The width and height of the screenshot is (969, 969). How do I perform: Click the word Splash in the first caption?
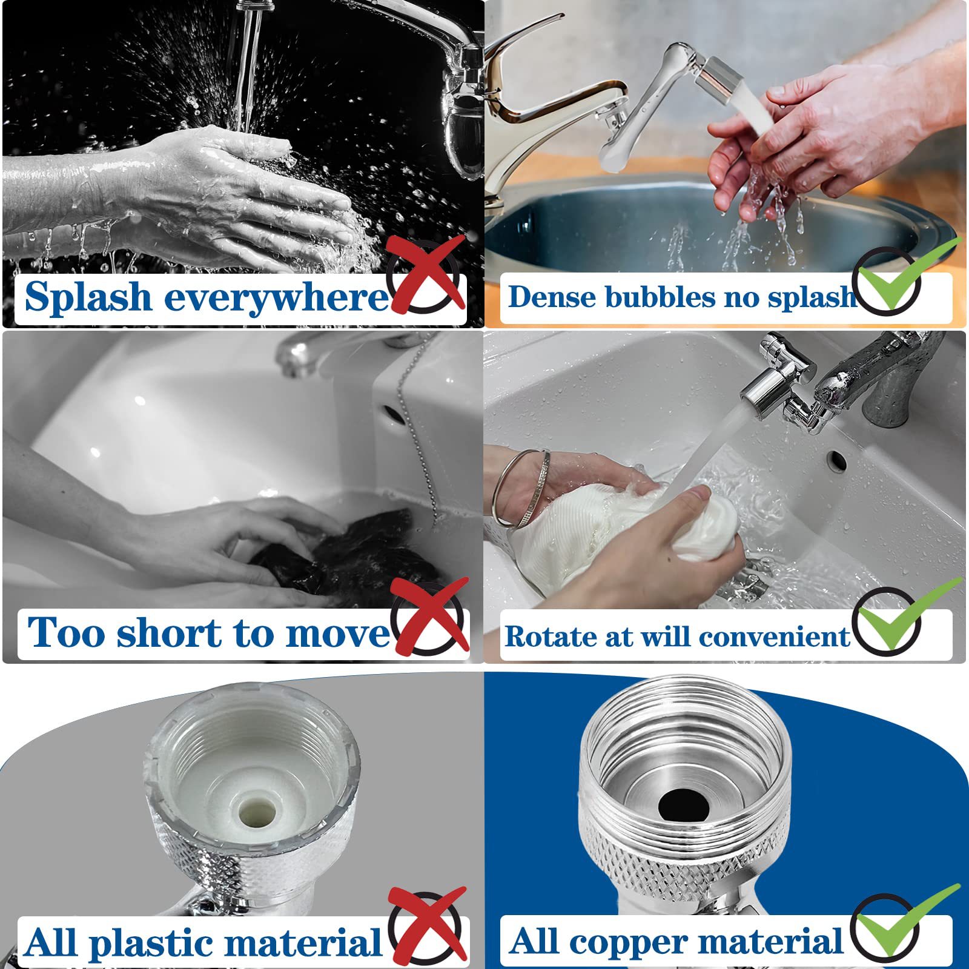coord(88,297)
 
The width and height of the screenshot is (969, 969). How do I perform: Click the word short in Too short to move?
coord(170,633)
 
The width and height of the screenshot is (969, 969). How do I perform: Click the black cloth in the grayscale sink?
coord(351,554)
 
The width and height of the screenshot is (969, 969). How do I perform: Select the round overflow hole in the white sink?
coord(837,460)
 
